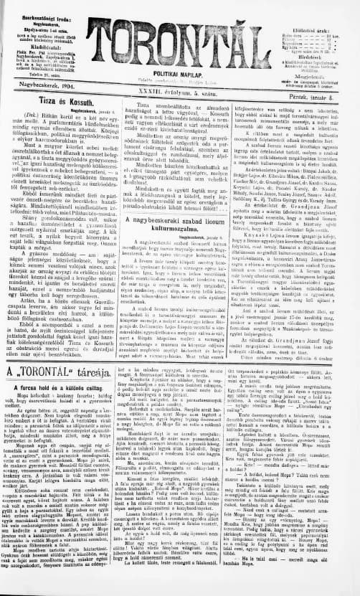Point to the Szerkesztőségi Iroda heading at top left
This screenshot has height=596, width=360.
43,9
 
